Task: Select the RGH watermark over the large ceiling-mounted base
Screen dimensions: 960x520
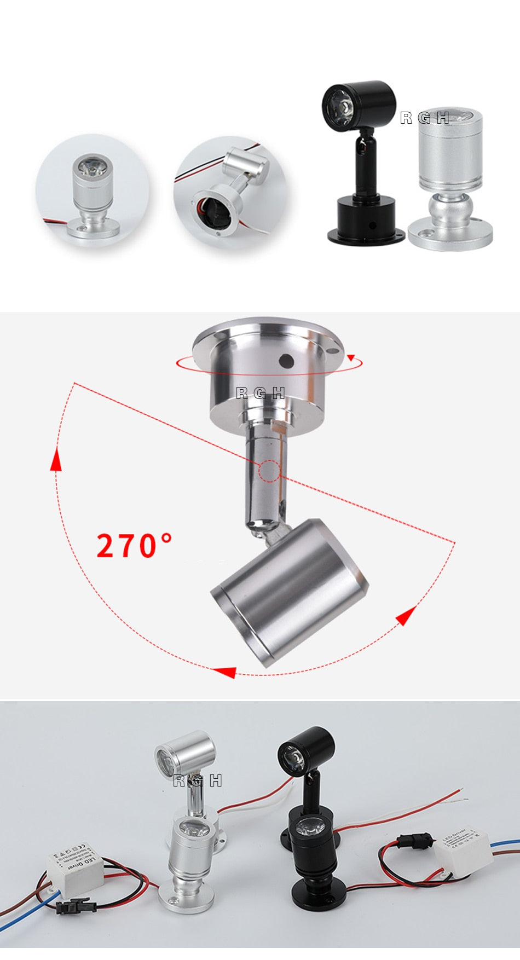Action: [261, 392]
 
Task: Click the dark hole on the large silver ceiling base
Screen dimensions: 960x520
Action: [285, 360]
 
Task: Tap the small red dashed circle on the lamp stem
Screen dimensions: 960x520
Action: [269, 471]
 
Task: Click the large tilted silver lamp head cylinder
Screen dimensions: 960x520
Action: [290, 591]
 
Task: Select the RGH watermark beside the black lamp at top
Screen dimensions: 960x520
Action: [425, 118]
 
